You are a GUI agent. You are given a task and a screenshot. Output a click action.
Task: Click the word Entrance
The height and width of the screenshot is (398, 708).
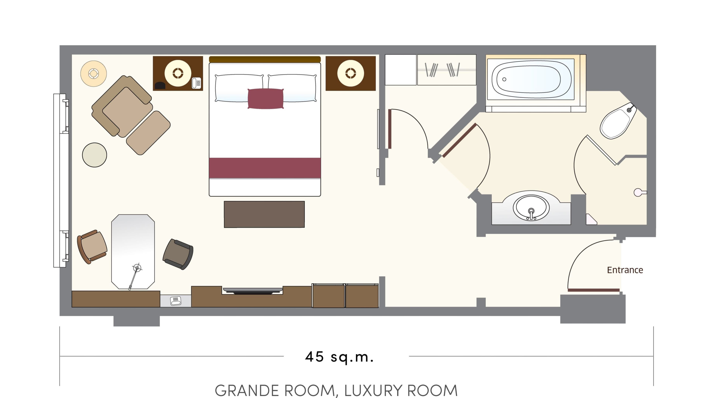coord(625,270)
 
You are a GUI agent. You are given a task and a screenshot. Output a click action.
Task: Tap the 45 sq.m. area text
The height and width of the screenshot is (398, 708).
coord(339,357)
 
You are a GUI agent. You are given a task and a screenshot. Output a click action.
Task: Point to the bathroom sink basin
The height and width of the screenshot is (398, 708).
coord(531,208)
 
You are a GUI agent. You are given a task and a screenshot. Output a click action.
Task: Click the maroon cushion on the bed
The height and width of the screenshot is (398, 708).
coord(265,99)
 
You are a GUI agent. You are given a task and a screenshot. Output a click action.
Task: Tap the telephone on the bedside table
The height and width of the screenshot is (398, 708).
coord(197,83)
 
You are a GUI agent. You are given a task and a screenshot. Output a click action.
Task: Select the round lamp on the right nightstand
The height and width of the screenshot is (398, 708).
coord(350,73)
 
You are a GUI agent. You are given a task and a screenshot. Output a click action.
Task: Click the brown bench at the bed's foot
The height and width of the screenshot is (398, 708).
coord(264,214)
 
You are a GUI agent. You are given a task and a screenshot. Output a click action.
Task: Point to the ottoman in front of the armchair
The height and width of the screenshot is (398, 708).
coord(148,133)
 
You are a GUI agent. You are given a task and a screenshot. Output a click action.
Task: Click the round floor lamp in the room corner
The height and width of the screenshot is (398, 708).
coord(93,74)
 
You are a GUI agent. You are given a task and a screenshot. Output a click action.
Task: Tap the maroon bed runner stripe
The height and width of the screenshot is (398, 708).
coord(265,167)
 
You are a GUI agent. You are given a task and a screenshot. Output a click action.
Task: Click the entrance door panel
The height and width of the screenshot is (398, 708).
coord(594,290)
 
